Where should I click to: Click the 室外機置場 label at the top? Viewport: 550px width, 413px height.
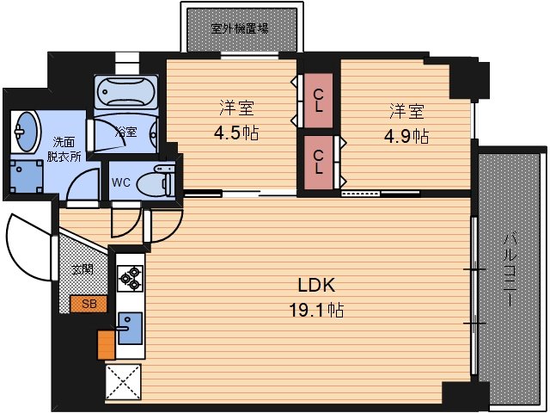(240, 28)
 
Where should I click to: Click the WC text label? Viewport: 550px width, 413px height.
(121, 182)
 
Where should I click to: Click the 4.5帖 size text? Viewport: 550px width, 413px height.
(235, 133)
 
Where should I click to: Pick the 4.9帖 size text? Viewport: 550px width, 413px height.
(407, 135)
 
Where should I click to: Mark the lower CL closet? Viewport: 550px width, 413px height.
(319, 161)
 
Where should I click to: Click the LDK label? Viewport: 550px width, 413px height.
(315, 286)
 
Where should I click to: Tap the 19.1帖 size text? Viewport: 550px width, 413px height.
(315, 310)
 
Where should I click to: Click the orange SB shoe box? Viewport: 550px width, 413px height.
(89, 303)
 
